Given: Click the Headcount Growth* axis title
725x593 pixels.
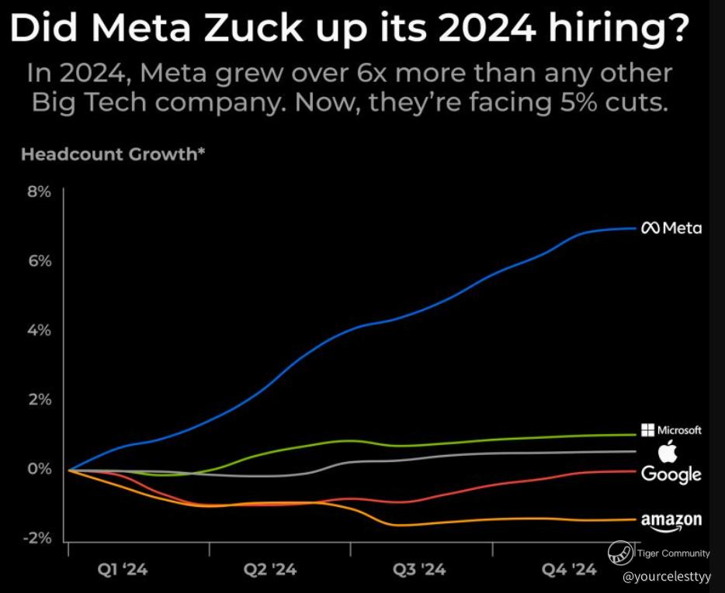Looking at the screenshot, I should pyautogui.click(x=113, y=153).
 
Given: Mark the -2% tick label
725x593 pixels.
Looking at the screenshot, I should pyautogui.click(x=38, y=539).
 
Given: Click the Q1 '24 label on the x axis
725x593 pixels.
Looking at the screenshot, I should pyautogui.click(x=123, y=571).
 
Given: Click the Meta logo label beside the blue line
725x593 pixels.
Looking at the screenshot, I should pyautogui.click(x=671, y=228).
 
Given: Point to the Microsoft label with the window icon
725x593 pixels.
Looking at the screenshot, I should pyautogui.click(x=672, y=430).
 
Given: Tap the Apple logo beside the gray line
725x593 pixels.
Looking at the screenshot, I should pyautogui.click(x=668, y=451).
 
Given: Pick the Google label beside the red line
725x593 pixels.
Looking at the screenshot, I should pyautogui.click(x=671, y=474).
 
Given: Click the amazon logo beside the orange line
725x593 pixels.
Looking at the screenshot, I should pyautogui.click(x=671, y=521).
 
